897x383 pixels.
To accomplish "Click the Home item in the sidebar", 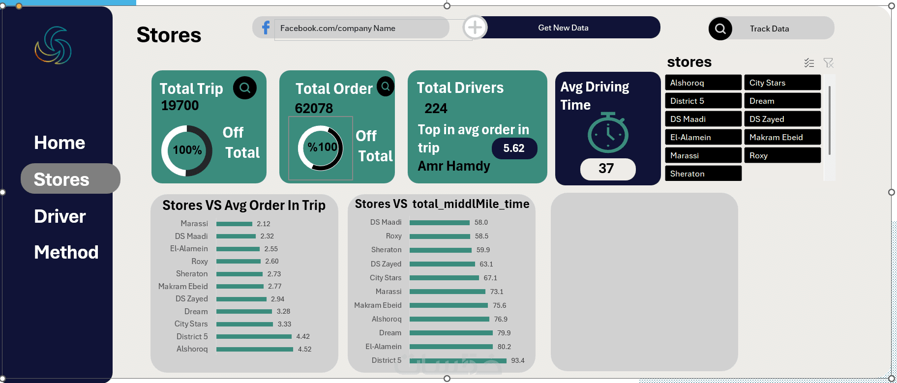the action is (60, 143).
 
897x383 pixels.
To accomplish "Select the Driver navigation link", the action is (60, 216).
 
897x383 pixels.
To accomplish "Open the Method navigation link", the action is (66, 252).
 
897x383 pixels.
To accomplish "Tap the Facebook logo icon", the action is (266, 28).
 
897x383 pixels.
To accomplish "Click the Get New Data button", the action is (563, 28).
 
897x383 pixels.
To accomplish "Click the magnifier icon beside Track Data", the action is (720, 29).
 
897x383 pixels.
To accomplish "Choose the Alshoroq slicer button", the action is (703, 83).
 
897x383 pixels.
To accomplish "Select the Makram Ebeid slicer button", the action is (782, 137).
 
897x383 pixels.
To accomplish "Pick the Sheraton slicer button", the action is (703, 174).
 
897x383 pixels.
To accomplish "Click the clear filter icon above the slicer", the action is (829, 62).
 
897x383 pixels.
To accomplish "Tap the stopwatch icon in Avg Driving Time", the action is (608, 133).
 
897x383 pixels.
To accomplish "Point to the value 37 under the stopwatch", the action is (606, 169).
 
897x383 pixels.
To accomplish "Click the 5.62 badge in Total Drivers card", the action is (514, 148).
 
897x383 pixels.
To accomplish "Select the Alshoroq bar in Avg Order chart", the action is (255, 349).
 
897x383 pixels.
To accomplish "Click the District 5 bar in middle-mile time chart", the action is (458, 360).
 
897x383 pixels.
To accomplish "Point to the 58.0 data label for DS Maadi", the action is (481, 222).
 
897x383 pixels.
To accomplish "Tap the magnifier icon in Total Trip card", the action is (245, 88).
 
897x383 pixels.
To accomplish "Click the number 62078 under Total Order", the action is (314, 108).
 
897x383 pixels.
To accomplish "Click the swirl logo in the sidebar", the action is (53, 45).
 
